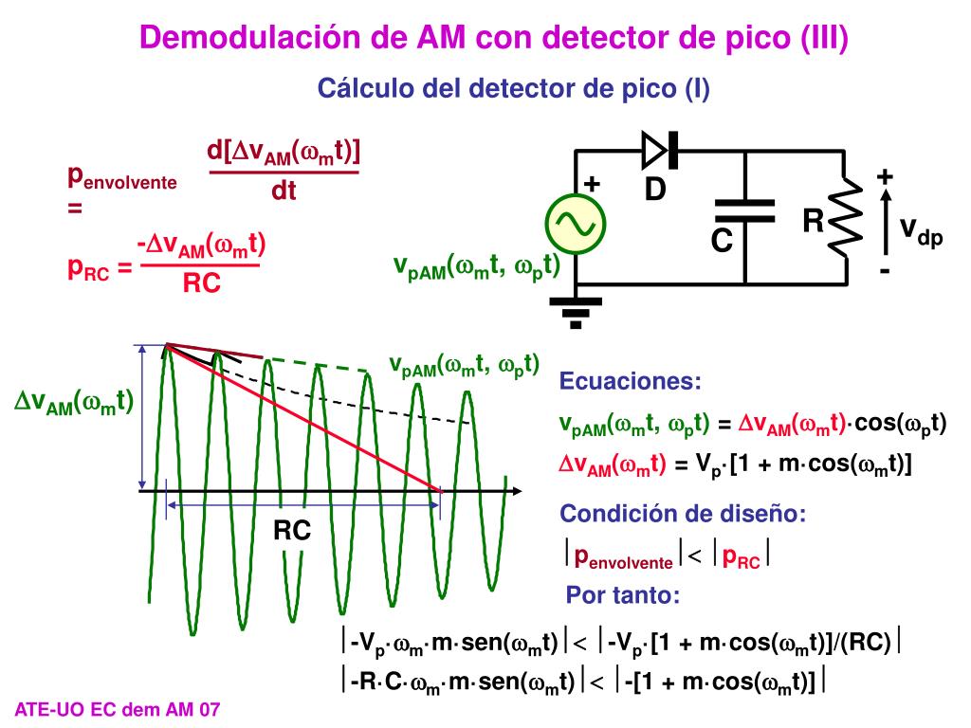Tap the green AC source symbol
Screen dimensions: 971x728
click(576, 222)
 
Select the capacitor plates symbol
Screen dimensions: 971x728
click(744, 210)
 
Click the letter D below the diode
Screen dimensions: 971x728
click(655, 191)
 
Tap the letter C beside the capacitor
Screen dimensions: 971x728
click(723, 243)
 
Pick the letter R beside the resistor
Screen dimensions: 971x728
click(813, 223)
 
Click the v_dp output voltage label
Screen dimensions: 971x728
click(920, 230)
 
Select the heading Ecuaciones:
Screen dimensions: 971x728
click(631, 382)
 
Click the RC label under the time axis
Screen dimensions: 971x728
click(292, 532)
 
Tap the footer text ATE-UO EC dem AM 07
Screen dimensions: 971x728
click(118, 709)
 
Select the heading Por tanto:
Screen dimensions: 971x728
click(623, 596)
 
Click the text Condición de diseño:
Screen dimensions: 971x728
click(683, 515)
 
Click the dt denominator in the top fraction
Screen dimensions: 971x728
click(284, 191)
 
